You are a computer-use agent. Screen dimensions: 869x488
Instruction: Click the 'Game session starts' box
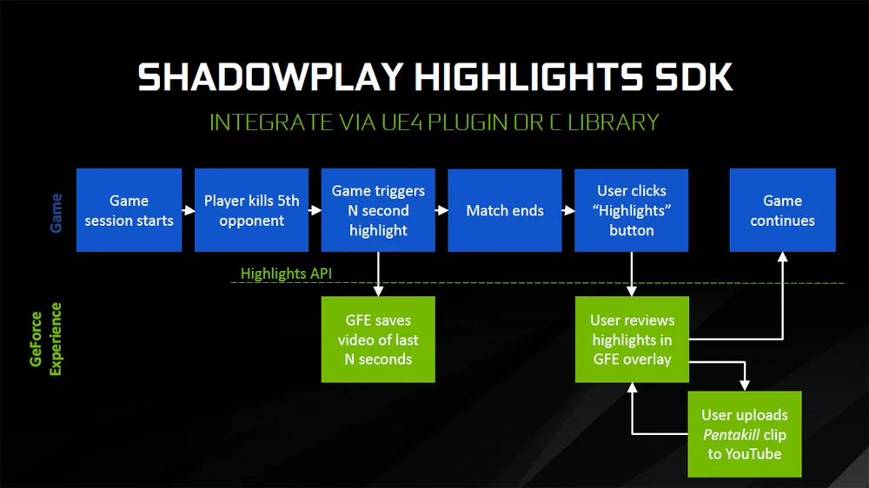point(129,210)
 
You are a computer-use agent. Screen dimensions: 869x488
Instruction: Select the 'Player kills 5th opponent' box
point(252,210)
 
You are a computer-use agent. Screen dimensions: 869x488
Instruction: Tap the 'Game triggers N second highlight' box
point(378,210)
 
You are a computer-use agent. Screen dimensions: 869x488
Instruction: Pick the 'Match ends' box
point(505,210)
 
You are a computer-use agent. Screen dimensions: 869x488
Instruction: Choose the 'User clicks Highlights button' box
point(631,210)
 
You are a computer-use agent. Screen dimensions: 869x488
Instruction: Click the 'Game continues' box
point(783,210)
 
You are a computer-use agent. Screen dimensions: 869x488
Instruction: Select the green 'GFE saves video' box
point(378,339)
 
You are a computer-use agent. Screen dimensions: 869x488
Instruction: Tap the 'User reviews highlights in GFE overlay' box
point(632,339)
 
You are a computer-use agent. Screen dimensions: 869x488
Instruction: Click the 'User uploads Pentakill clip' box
point(745,434)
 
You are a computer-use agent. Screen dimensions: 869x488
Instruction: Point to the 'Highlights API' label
point(286,274)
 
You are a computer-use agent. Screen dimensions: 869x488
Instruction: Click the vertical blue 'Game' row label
point(56,214)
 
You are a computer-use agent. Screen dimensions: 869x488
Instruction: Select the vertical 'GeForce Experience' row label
point(46,339)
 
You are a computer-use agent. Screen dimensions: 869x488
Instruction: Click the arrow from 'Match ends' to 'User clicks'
point(568,210)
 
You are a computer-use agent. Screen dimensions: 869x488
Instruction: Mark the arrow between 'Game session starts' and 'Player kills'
point(189,210)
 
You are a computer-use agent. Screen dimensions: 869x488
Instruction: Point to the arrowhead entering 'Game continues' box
point(783,257)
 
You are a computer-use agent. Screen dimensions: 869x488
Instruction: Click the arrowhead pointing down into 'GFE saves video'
point(378,291)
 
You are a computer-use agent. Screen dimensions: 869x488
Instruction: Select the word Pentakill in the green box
point(731,435)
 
